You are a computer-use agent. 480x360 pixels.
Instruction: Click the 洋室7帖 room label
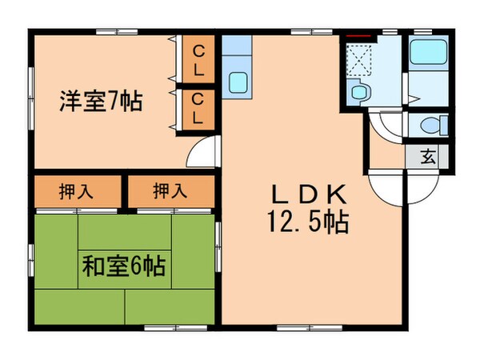tap(100, 102)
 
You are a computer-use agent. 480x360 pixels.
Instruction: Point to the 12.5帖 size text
tap(307, 222)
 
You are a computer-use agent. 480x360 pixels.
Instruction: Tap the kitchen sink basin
tap(238, 82)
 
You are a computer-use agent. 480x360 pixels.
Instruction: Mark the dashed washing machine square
tap(358, 57)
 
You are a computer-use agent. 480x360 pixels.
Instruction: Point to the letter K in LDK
tap(335, 194)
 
